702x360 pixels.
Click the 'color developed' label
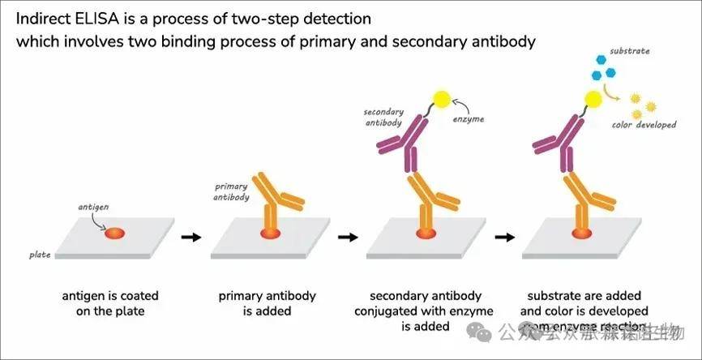(x=645, y=125)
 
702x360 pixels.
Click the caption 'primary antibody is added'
(x=268, y=303)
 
